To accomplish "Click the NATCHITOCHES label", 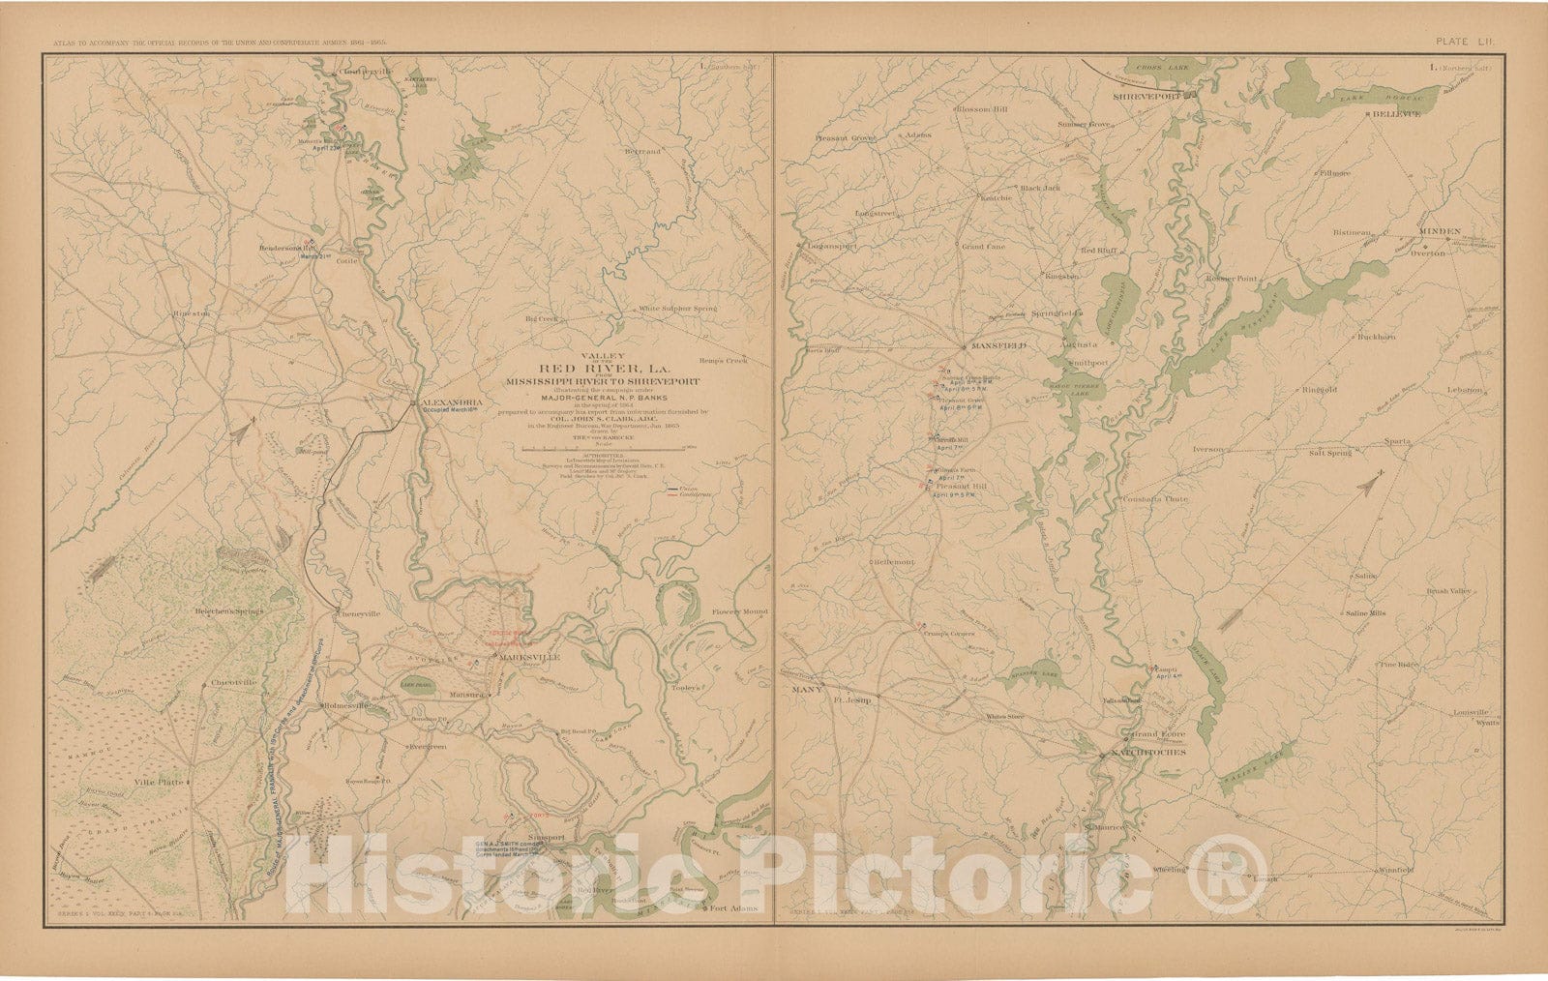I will pos(1147,752).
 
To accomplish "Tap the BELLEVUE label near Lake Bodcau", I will pos(1396,113).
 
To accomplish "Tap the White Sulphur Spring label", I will pos(682,310).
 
